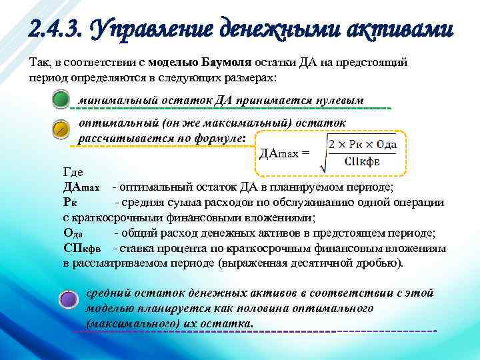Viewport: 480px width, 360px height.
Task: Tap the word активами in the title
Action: pos(397,29)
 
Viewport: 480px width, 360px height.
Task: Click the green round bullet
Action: pos(61,100)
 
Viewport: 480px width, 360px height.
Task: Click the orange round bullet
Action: pos(61,128)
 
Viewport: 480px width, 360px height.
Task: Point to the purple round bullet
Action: pos(69,298)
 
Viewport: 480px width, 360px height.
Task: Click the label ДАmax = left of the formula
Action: pos(284,153)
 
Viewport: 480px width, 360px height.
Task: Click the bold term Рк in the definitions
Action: pos(71,202)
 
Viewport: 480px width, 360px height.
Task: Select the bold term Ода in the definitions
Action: pos(73,233)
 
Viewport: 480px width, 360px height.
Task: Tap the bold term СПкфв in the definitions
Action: pos(82,249)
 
